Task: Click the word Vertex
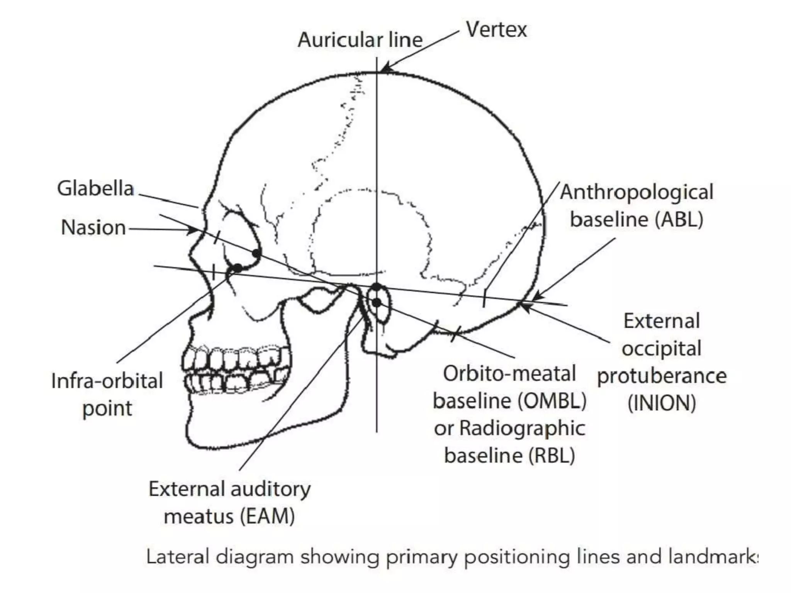(x=496, y=30)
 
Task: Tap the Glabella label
(x=95, y=189)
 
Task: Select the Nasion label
(x=93, y=227)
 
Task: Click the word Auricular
(x=337, y=40)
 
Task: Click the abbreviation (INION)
(x=662, y=403)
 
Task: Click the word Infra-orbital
(x=107, y=381)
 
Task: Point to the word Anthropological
(x=637, y=192)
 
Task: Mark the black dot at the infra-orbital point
(x=237, y=268)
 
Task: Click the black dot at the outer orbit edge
(x=256, y=253)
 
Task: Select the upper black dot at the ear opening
(x=377, y=287)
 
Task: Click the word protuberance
(x=662, y=376)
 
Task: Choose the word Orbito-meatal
(x=509, y=374)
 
